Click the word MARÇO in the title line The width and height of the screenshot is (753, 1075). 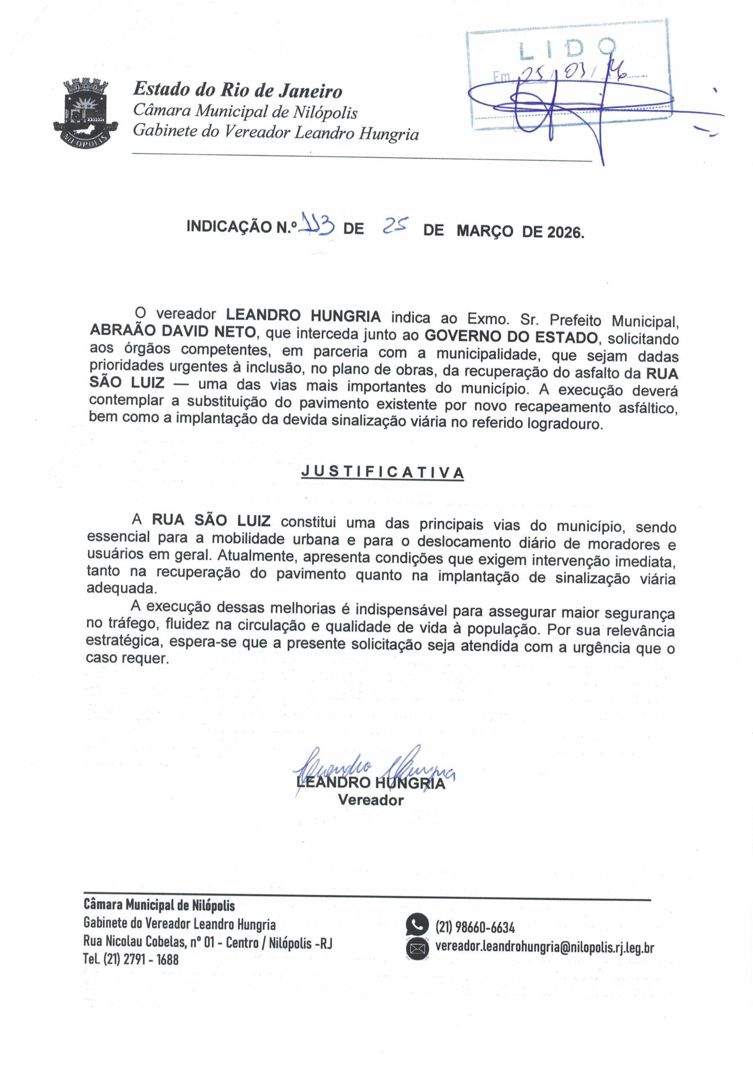point(484,231)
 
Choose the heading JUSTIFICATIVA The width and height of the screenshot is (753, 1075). point(382,472)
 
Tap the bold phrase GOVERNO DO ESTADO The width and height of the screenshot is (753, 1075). point(511,337)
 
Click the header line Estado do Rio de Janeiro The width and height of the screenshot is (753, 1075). point(238,90)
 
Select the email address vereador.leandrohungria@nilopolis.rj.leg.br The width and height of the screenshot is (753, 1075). point(544,947)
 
